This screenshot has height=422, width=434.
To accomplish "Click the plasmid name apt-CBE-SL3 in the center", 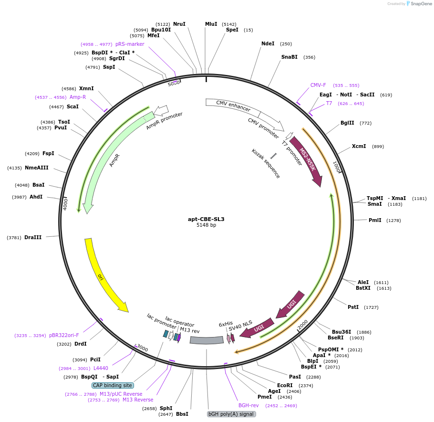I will tap(206, 219).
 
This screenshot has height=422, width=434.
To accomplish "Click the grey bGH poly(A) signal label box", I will tap(232, 414).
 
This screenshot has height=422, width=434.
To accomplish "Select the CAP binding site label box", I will tap(113, 385).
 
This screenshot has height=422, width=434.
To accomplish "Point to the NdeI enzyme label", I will tap(268, 43).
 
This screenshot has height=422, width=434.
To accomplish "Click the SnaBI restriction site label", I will tap(289, 57).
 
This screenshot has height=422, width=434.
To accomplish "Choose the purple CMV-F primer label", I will tap(318, 85).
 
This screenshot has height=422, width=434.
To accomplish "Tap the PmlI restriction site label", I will tap(375, 220).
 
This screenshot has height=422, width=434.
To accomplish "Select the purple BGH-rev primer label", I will tap(248, 405).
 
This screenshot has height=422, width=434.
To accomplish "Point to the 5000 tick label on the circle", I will tap(174, 83).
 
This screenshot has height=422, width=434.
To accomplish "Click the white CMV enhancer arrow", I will tap(234, 107).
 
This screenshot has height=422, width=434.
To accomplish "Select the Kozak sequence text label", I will tap(266, 164).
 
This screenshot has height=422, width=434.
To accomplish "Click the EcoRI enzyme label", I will tap(285, 385).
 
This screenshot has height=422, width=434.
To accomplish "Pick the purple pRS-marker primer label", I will tap(130, 44).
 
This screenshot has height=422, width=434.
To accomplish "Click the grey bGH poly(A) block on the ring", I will tap(207, 340).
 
